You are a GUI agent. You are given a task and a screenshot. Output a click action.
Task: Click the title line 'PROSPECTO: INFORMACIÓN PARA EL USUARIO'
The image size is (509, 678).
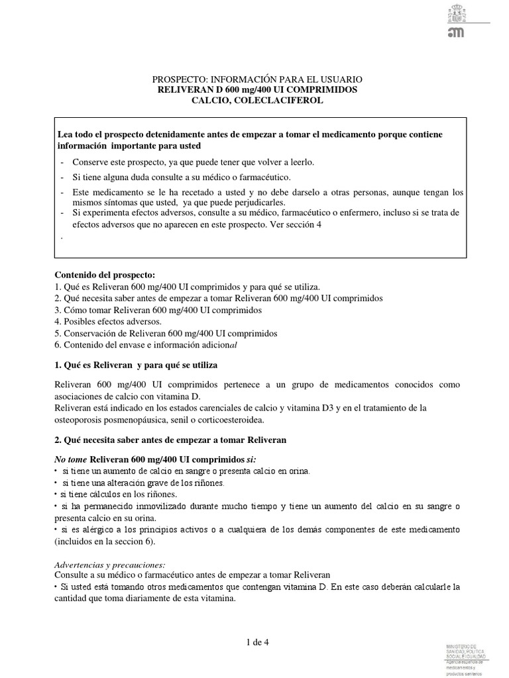point(257,79)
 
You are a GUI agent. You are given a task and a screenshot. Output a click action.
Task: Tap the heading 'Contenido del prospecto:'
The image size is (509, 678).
point(96,274)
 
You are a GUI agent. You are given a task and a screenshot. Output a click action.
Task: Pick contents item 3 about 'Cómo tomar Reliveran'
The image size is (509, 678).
point(158,310)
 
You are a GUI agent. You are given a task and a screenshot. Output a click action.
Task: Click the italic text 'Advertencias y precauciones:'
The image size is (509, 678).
point(109,564)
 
